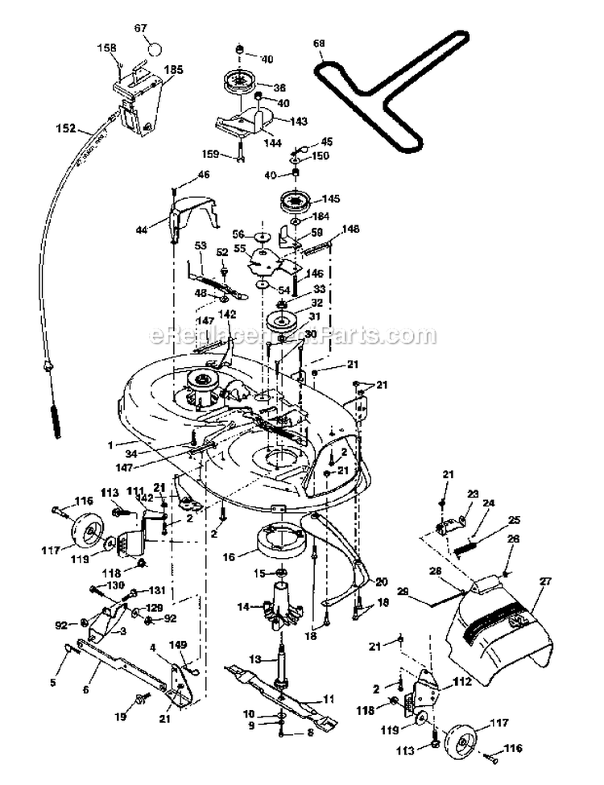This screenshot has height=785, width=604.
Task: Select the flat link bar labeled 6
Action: pyautogui.click(x=121, y=667)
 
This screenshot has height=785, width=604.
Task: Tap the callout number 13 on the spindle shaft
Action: pyautogui.click(x=254, y=659)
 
